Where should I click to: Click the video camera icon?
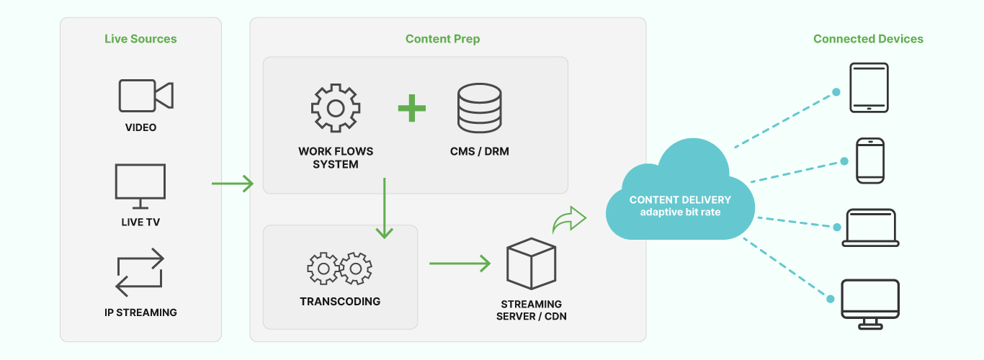pyautogui.click(x=146, y=96)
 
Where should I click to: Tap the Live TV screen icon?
pyautogui.click(x=140, y=183)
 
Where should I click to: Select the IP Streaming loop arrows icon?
pyautogui.click(x=140, y=273)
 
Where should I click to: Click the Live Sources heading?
pyautogui.click(x=140, y=39)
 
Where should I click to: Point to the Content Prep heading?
pyautogui.click(x=442, y=39)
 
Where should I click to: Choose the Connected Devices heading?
pyautogui.click(x=868, y=39)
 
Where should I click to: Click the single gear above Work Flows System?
pyautogui.click(x=335, y=108)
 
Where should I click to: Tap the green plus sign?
pyautogui.click(x=412, y=108)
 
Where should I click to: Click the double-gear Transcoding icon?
pyautogui.click(x=339, y=269)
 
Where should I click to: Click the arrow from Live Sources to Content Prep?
pyautogui.click(x=233, y=184)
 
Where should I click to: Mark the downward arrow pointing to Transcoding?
pyautogui.click(x=385, y=209)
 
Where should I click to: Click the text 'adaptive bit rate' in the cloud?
pyautogui.click(x=680, y=212)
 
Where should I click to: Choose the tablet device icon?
pyautogui.click(x=869, y=88)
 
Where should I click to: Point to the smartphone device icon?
pyautogui.click(x=869, y=161)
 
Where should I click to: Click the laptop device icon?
pyautogui.click(x=870, y=228)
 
